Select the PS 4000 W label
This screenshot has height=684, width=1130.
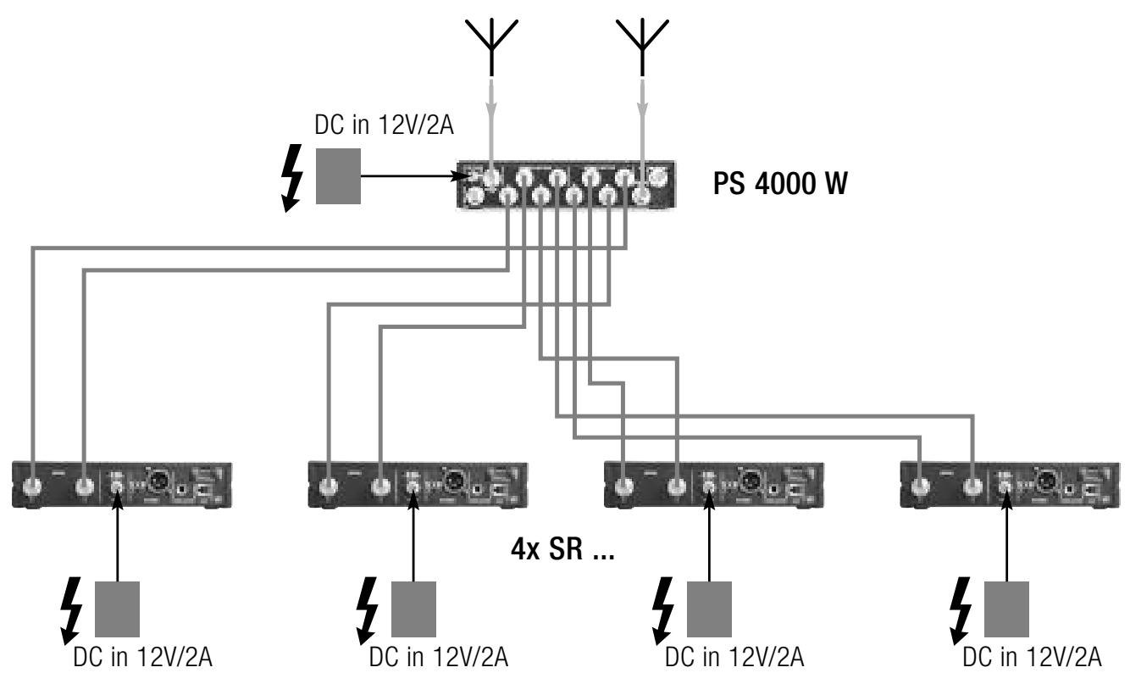pyautogui.click(x=780, y=183)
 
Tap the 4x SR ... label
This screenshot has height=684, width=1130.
pyautogui.click(x=562, y=548)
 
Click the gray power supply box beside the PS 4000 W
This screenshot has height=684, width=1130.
pyautogui.click(x=338, y=176)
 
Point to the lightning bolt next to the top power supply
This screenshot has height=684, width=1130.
pyautogui.click(x=292, y=178)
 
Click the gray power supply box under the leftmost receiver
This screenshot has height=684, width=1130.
pyautogui.click(x=117, y=609)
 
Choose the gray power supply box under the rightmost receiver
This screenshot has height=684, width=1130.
pyautogui.click(x=1006, y=609)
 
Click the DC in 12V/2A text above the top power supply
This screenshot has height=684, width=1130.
pyautogui.click(x=384, y=125)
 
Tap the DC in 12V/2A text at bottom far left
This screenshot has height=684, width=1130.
pyautogui.click(x=143, y=657)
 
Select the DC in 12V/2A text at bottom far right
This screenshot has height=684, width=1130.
pyautogui.click(x=1032, y=657)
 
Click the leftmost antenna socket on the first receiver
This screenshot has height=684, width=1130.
pyautogui.click(x=33, y=487)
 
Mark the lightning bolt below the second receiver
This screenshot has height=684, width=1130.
pyautogui.click(x=367, y=610)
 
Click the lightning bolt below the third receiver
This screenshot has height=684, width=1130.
pyautogui.click(x=662, y=610)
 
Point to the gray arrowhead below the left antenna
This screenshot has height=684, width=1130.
pyautogui.click(x=491, y=110)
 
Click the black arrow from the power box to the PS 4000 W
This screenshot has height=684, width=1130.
pyautogui.click(x=417, y=176)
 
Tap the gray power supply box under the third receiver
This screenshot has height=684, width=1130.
pyautogui.click(x=709, y=609)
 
